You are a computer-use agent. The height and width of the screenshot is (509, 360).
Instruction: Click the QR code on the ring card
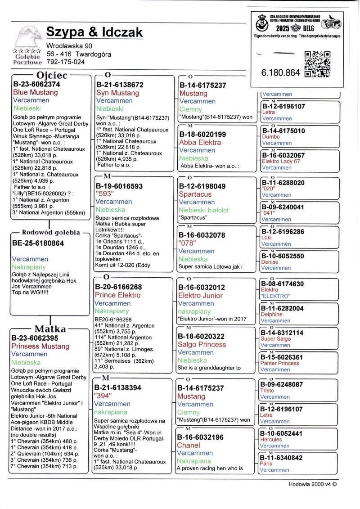pos(317,64)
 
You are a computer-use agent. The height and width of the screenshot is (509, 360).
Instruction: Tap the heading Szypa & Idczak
pos(94,32)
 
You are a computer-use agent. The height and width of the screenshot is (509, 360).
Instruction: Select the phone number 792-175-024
pos(65,62)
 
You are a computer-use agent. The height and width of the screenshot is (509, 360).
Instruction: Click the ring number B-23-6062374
pos(36,84)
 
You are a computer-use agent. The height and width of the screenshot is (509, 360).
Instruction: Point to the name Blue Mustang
pos(36,92)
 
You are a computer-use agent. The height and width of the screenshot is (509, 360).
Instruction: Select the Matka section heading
pos(50,329)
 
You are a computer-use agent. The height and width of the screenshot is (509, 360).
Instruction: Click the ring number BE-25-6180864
pos(38,243)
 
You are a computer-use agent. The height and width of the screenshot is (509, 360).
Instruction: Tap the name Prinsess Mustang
pos(40,346)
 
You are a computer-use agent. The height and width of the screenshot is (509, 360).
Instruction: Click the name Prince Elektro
pos(117,295)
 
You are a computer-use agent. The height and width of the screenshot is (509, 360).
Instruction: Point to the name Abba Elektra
pos(200,142)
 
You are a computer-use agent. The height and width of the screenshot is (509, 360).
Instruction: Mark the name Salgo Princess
pos(202,344)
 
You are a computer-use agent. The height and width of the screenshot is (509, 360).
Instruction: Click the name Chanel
pos(189,445)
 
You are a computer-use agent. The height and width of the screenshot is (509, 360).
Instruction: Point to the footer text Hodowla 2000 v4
pos(312,485)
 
